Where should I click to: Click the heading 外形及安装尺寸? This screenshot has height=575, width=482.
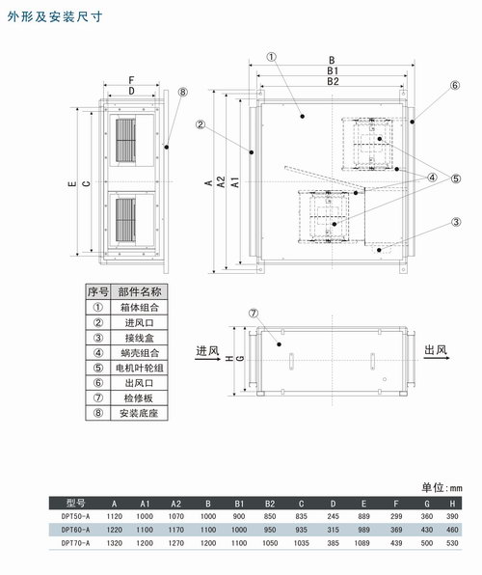(55, 16)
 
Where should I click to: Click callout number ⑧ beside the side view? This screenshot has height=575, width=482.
(182, 92)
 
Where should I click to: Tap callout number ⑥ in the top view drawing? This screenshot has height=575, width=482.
(454, 86)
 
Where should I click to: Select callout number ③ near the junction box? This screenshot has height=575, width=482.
(456, 222)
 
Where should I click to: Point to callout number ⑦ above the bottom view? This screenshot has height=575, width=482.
(254, 314)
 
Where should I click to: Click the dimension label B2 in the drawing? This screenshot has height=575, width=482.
(333, 81)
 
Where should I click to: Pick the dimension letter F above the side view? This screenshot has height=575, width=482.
(131, 80)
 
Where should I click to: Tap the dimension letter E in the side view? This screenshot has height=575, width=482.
(72, 182)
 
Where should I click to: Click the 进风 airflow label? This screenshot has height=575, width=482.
(207, 351)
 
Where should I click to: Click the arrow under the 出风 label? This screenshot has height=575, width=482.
(437, 358)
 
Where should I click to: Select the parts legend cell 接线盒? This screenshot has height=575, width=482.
(139, 338)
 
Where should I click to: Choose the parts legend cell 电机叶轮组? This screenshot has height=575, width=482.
(139, 368)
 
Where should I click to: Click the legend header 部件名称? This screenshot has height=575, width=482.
(139, 292)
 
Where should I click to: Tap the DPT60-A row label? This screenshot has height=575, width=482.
(75, 530)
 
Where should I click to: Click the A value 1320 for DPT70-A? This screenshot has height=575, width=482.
(115, 543)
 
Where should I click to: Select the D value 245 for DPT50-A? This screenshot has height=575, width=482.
(333, 516)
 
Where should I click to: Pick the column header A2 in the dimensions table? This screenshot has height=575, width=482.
(176, 504)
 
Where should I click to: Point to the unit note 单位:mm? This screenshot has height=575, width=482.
(442, 488)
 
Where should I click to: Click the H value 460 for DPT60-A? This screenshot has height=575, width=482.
(452, 530)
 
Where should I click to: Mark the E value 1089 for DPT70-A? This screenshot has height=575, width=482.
(361, 543)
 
